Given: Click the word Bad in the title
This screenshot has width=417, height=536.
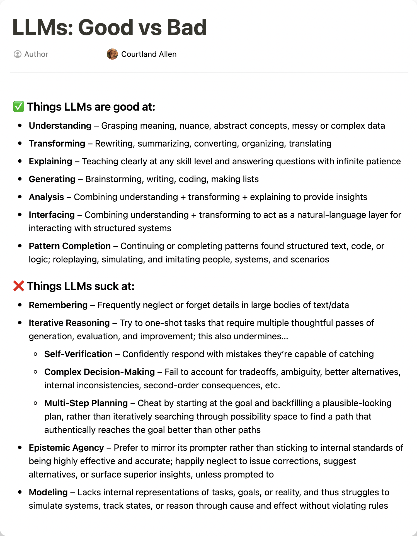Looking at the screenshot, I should click(186, 28).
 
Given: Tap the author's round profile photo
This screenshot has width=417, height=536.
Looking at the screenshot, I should click(112, 54).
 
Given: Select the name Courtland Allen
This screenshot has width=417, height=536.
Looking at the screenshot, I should click(149, 54).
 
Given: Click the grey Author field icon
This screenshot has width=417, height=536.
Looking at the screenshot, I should click(17, 54).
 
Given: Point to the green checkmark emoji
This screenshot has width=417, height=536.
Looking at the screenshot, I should click(19, 107).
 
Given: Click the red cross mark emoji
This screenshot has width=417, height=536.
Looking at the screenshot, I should click(19, 286).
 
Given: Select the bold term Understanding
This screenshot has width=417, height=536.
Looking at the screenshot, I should click(60, 126).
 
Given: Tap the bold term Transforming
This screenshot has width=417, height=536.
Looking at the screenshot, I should click(57, 143).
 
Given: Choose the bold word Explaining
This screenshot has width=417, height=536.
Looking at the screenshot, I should click(50, 161).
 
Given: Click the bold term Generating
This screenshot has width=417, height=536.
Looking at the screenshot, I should click(52, 179).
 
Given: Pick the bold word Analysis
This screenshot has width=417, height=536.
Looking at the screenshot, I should click(46, 197).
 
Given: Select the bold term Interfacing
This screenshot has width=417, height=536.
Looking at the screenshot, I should click(52, 215).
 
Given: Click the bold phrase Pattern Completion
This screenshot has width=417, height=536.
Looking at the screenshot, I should click(70, 246).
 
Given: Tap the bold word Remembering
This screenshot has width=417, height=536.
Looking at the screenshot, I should click(58, 305).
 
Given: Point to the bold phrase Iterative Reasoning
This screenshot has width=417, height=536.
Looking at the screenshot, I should click(69, 323).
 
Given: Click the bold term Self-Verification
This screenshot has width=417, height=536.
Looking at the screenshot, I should click(78, 354).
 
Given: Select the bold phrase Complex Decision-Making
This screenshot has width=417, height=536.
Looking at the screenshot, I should click(100, 372).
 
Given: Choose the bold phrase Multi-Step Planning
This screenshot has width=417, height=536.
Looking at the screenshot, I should click(86, 403).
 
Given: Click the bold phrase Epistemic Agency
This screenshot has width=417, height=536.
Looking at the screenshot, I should click(66, 448).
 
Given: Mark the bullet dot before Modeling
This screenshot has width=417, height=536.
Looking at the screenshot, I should click(20, 492).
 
